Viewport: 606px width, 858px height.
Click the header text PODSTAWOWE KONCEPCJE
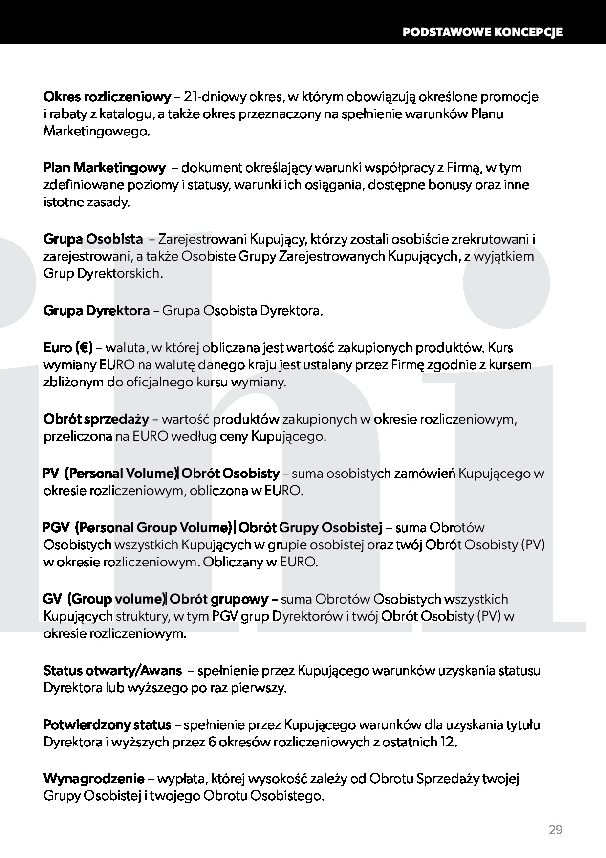pyautogui.click(x=482, y=32)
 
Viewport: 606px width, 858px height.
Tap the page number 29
pyautogui.click(x=555, y=830)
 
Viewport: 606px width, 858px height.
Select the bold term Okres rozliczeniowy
pyautogui.click(x=108, y=97)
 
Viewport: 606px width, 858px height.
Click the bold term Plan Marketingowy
pyautogui.click(x=105, y=168)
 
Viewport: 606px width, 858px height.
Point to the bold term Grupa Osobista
pyautogui.click(x=93, y=239)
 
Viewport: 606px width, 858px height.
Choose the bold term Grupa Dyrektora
pyautogui.click(x=97, y=311)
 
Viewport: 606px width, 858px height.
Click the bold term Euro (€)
pyautogui.click(x=68, y=348)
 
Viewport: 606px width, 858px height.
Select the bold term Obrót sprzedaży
pyautogui.click(x=96, y=419)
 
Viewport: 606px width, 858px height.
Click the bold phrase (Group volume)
pyautogui.click(x=117, y=599)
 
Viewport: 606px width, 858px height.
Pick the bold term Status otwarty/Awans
pyautogui.click(x=112, y=671)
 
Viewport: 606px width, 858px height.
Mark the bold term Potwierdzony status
pyautogui.click(x=107, y=724)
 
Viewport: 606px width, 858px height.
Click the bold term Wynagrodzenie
pyautogui.click(x=94, y=778)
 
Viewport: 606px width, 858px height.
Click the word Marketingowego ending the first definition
pyautogui.click(x=95, y=132)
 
